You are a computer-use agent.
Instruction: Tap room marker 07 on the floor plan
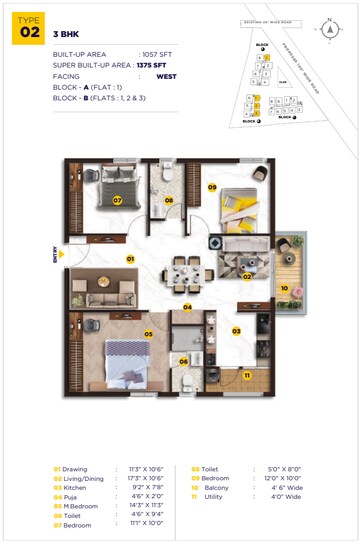tap(117, 200)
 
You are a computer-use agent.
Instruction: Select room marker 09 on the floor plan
tap(212, 186)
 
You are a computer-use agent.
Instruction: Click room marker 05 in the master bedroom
tap(147, 334)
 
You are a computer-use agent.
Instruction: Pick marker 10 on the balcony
tap(284, 288)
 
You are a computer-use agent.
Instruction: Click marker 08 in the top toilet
tap(169, 200)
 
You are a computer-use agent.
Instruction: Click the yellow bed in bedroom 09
tap(240, 205)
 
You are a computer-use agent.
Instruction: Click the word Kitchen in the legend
tap(77, 487)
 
